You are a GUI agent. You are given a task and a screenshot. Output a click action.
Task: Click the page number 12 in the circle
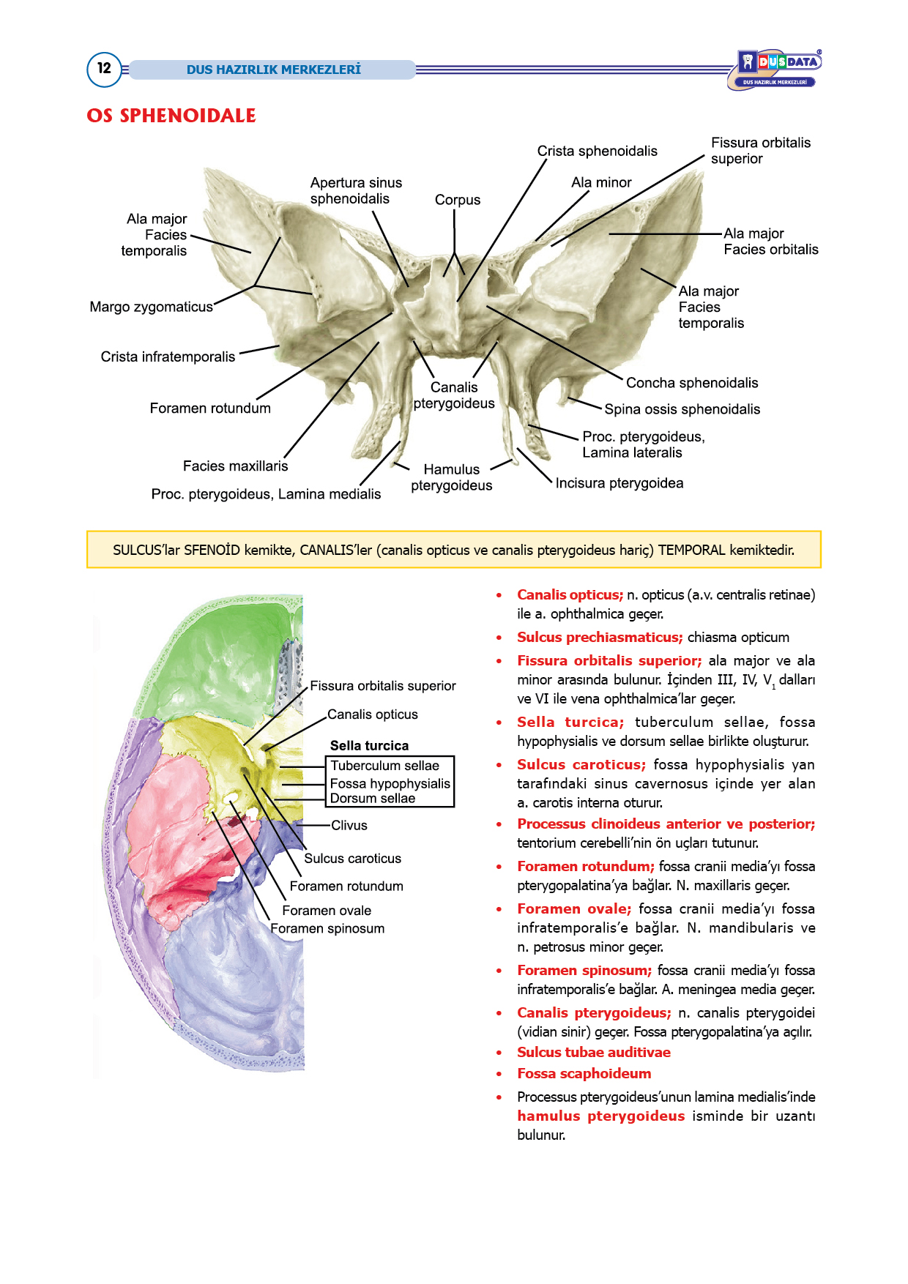coord(104,69)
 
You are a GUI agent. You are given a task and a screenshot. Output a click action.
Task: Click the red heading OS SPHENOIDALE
coord(171,116)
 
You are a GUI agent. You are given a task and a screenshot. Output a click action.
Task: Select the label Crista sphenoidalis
coord(597,151)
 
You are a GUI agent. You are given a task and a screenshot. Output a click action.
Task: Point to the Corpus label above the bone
coord(458,200)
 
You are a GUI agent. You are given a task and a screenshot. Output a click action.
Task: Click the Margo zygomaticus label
coord(151,307)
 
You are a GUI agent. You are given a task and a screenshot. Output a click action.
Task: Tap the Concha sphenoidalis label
coord(692,383)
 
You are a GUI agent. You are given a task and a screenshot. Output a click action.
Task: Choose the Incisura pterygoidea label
coord(619,483)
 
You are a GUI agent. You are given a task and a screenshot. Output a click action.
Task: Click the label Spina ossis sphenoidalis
coord(682,409)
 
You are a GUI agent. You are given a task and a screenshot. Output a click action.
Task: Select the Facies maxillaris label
coord(235,466)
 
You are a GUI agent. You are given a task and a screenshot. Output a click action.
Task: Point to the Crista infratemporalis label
coord(168,357)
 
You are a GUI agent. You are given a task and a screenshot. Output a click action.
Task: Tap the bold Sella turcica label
coord(369,746)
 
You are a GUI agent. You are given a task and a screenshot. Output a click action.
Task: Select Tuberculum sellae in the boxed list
coord(384,766)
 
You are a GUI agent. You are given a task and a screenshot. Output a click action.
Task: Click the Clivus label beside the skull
coord(349,826)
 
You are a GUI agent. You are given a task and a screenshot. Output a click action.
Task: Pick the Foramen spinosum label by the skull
coord(327,929)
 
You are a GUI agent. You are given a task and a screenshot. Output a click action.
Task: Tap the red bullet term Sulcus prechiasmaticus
coord(600,638)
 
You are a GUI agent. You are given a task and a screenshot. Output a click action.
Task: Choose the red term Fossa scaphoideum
coord(584,1074)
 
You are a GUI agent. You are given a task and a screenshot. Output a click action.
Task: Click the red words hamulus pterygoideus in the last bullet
coord(601,1116)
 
